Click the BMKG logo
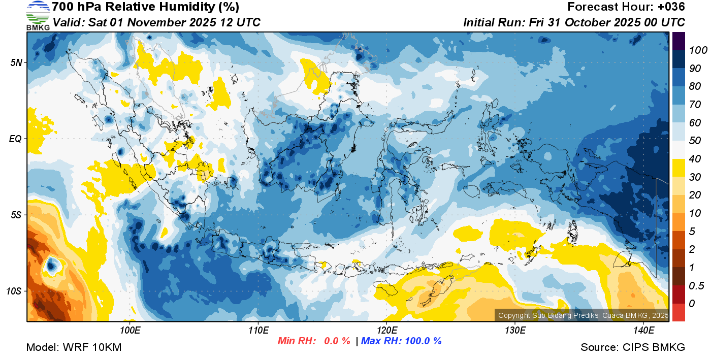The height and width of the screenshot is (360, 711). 38,15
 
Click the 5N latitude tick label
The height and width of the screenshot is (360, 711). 16,63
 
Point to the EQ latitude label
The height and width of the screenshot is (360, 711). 15,139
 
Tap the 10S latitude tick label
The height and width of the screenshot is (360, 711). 14,291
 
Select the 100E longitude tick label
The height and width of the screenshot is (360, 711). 130,331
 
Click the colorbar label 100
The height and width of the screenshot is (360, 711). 692,50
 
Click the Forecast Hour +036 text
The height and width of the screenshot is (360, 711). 626,7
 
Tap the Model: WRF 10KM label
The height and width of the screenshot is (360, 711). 74,348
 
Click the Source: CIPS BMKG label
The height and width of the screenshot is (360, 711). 633,348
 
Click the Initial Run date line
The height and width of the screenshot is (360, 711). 574,22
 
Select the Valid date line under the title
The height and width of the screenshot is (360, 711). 156,22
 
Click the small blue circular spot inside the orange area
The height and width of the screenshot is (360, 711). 51,265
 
